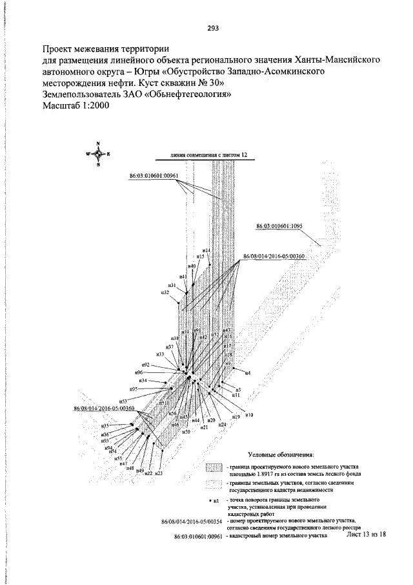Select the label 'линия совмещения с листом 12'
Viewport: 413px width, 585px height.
click(209, 155)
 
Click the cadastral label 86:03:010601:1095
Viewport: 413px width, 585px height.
click(283, 227)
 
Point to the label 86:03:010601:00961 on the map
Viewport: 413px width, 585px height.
click(154, 176)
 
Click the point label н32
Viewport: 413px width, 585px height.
click(165, 293)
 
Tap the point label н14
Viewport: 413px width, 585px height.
click(206, 250)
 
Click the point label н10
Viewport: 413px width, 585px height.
click(249, 414)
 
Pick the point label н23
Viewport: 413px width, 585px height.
click(158, 474)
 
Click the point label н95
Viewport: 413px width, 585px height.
click(134, 389)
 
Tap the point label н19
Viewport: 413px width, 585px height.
click(236, 418)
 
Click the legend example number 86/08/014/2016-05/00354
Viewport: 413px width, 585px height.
click(192, 521)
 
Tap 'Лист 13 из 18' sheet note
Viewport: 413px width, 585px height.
click(366, 535)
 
